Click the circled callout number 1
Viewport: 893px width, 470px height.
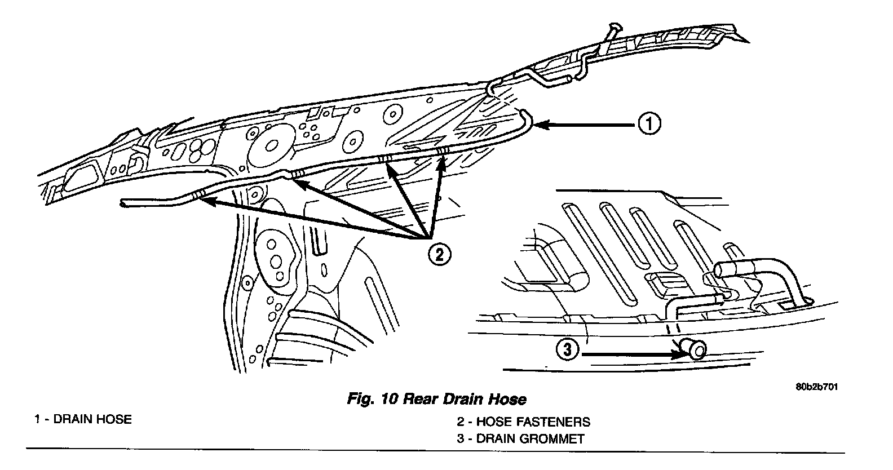pos(649,123)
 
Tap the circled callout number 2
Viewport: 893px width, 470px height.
pos(440,255)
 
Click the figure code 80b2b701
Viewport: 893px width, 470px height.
pos(816,387)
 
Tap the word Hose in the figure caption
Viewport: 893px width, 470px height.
pos(508,400)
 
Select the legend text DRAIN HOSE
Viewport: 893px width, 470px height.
pos(92,419)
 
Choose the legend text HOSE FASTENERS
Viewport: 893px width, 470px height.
pos(533,422)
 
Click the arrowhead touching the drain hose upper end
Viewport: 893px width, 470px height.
pos(538,124)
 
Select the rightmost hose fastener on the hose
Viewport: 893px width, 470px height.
pos(443,150)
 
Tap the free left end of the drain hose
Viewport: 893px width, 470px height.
pos(125,202)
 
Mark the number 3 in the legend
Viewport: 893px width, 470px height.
pos(460,438)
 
